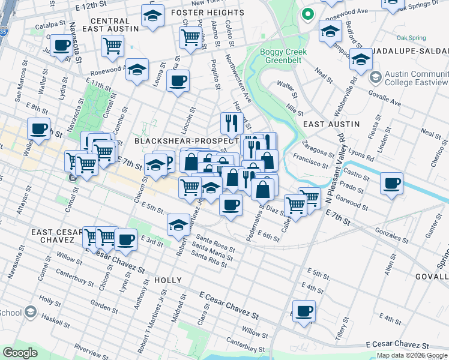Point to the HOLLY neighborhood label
pos(167,280)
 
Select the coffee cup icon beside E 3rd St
pos(125,239)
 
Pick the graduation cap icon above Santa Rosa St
pos(178,225)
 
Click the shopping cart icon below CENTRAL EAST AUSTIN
pos(112,46)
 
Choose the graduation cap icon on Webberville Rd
pos(361,59)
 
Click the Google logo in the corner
pos(20,353)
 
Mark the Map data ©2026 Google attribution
pos(412,355)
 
